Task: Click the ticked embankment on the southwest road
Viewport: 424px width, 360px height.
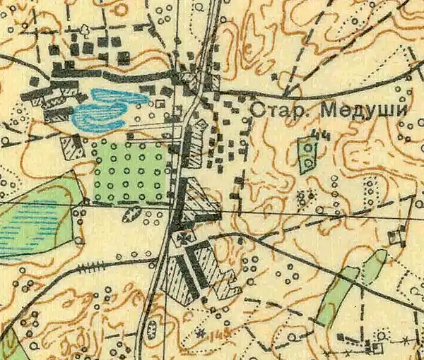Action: click(x=90, y=268)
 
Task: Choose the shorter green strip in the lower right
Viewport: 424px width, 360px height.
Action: click(x=375, y=267)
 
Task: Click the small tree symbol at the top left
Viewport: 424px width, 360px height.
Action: click(x=86, y=29)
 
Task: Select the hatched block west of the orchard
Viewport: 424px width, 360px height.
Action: click(x=72, y=146)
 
